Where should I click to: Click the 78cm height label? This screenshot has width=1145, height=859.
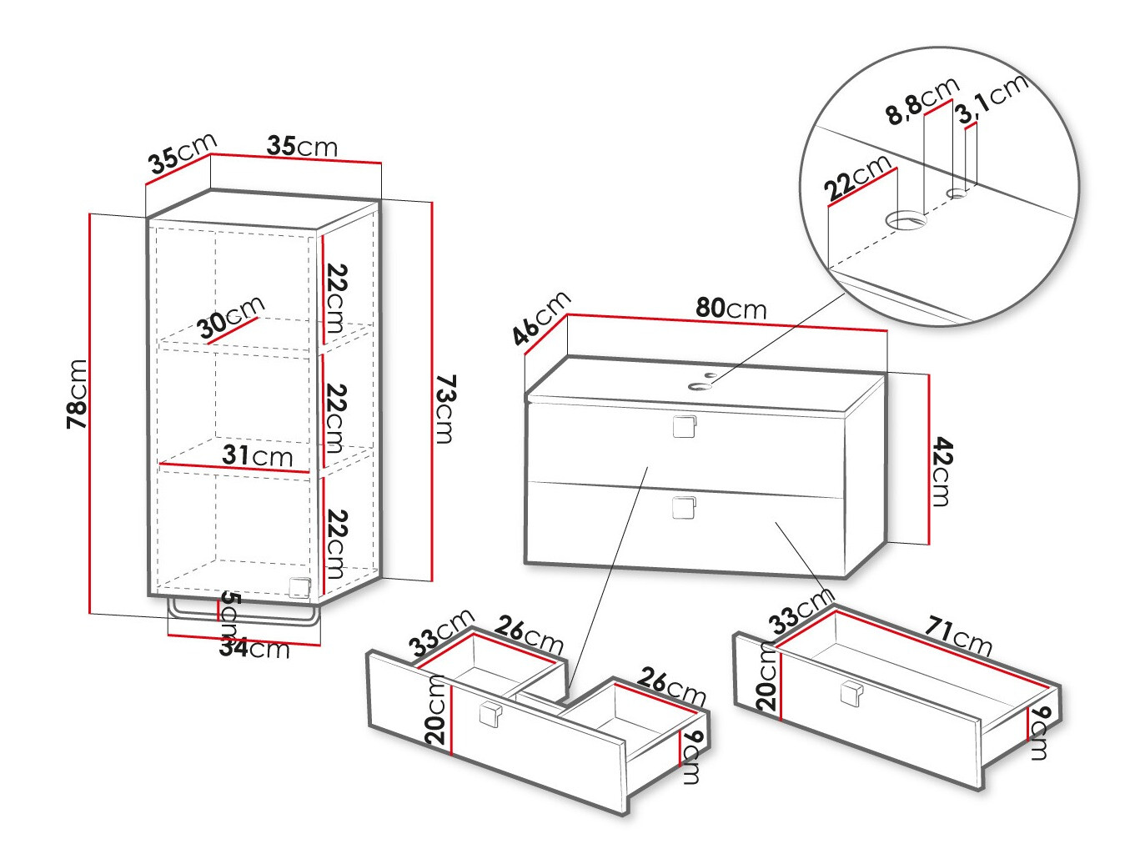click(77, 394)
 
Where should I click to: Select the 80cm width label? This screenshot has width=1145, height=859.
click(731, 309)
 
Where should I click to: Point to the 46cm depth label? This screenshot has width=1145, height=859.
click(541, 318)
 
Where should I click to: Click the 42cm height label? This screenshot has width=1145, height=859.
click(941, 471)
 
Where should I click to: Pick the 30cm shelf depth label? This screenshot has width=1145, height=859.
click(231, 317)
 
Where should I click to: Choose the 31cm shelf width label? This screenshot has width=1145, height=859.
click(258, 456)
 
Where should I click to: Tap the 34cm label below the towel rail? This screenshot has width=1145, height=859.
click(254, 648)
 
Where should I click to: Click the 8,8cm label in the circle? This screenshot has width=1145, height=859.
click(922, 101)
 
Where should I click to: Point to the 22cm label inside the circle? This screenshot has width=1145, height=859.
click(857, 178)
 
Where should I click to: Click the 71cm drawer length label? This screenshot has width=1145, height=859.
click(959, 635)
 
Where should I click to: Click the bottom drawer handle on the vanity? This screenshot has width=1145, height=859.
click(683, 507)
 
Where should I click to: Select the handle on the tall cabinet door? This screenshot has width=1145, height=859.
click(299, 587)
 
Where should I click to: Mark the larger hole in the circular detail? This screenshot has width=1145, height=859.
click(906, 221)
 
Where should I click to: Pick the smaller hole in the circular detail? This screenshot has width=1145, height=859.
click(957, 193)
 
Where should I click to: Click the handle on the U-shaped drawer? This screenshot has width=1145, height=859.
click(489, 715)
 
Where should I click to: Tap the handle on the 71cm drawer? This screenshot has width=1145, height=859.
click(850, 693)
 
